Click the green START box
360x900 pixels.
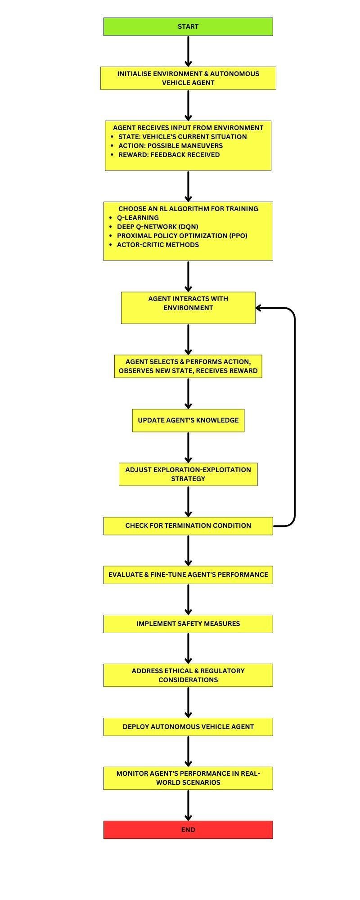(188, 27)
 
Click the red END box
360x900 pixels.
(188, 829)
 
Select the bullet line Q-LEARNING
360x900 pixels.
(138, 218)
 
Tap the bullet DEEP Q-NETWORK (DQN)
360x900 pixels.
(157, 227)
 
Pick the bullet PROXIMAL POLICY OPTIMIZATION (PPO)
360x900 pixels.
(182, 236)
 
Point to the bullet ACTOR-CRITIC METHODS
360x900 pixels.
(157, 245)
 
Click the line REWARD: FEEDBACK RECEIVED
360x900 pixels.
(169, 155)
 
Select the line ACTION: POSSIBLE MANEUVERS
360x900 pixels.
(170, 146)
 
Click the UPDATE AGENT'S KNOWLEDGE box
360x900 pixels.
(188, 420)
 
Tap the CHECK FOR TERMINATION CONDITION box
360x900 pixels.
(188, 526)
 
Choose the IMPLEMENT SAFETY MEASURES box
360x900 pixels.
(188, 624)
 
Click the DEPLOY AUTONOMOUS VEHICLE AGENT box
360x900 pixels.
(188, 726)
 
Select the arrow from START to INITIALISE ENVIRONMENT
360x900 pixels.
(188, 50)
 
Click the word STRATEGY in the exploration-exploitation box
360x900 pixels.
(188, 479)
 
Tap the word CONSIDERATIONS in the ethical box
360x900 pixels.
(188, 680)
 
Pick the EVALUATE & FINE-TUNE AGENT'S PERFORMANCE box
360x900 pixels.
(188, 575)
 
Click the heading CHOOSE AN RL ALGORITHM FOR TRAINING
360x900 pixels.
(188, 209)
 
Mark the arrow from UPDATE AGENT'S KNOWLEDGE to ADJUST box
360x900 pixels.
(188, 447)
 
